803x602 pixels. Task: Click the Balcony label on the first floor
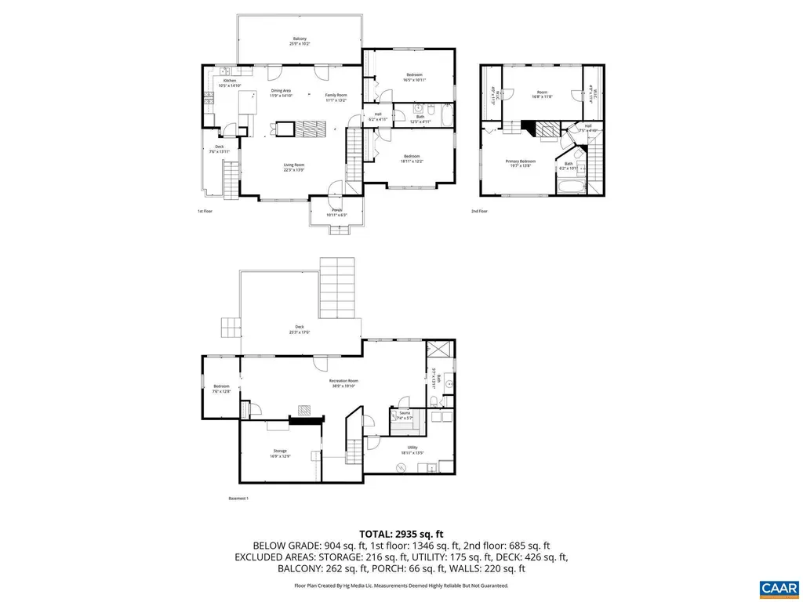(300, 41)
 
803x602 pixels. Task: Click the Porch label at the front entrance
(337, 212)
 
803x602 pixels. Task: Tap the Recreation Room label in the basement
(343, 383)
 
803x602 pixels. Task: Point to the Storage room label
(280, 453)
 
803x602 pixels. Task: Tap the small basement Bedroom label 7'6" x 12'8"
(222, 388)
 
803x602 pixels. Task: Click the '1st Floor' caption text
(205, 212)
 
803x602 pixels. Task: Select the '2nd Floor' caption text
(479, 212)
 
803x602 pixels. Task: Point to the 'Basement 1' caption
(238, 499)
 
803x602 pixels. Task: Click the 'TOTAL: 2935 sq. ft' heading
(401, 533)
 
